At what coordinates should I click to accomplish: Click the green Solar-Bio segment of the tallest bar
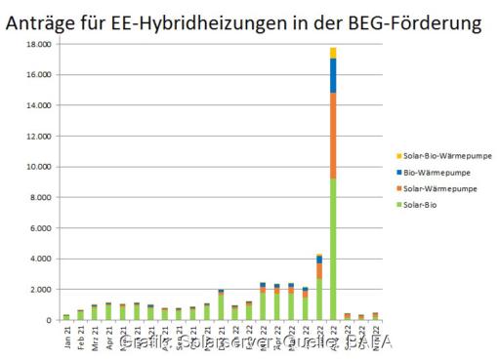click(333, 249)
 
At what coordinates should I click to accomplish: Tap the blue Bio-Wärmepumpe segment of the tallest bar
click(333, 75)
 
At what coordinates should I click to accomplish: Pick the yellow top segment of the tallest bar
click(333, 53)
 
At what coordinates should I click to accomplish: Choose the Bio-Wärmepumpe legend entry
click(430, 172)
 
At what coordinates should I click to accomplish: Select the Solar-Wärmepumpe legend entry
click(432, 187)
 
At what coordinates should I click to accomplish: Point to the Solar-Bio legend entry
click(420, 203)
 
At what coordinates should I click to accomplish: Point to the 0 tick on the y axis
click(47, 320)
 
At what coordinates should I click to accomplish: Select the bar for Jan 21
click(66, 317)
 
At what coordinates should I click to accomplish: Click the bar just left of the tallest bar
click(319, 287)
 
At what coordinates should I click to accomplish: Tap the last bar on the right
click(375, 316)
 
